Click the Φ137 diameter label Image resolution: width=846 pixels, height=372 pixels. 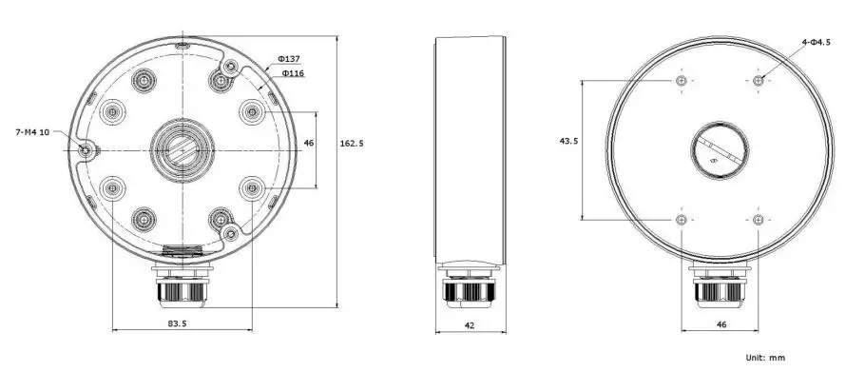click(x=289, y=58)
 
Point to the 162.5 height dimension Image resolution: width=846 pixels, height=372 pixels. click(x=353, y=144)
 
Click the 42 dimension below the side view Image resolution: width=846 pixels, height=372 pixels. click(x=471, y=324)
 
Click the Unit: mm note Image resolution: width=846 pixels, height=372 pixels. click(x=765, y=358)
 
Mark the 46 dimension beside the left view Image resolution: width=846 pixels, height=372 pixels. click(x=308, y=143)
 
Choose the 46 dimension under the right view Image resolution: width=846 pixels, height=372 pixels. click(x=721, y=324)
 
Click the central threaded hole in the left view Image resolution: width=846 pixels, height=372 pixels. click(x=179, y=150)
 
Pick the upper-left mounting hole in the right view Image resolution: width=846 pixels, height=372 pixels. click(x=682, y=81)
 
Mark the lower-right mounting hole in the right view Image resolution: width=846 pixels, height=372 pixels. click(x=757, y=220)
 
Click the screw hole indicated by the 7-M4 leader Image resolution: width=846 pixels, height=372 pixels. click(x=87, y=150)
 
